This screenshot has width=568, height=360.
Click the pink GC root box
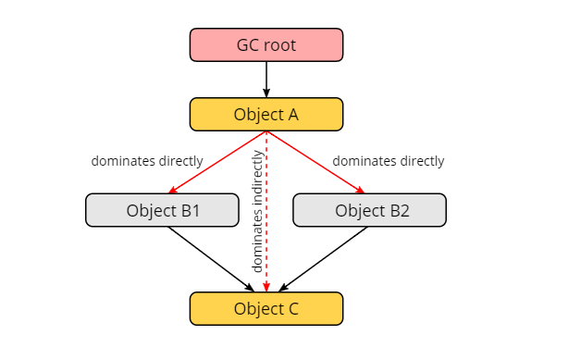[266, 44]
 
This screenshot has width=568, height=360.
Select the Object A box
[266, 114]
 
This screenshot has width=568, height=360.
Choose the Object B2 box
[369, 210]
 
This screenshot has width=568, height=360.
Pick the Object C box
[266, 308]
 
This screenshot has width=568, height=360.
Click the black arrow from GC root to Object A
[266, 79]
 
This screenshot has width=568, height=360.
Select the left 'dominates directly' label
[147, 161]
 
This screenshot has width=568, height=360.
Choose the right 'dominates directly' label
[389, 161]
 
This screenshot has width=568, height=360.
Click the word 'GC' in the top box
[249, 44]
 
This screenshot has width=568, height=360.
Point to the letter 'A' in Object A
[292, 114]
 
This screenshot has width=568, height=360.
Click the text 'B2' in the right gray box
[398, 210]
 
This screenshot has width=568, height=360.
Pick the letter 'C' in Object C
[292, 308]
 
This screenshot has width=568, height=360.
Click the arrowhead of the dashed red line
[266, 287]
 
